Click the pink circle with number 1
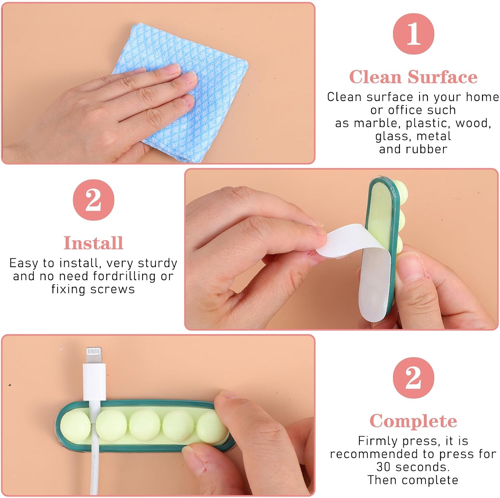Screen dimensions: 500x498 pos(413,34)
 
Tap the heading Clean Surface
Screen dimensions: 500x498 pos(413,77)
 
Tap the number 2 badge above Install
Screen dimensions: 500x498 pos(93,200)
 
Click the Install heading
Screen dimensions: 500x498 pos(93,243)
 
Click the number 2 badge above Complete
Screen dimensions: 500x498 pos(413,378)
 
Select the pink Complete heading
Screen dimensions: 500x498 pos(413,421)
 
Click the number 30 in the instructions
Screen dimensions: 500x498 pos(383,467)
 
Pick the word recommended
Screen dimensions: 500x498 pos(374,454)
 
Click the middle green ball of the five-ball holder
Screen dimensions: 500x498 pos(145,425)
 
